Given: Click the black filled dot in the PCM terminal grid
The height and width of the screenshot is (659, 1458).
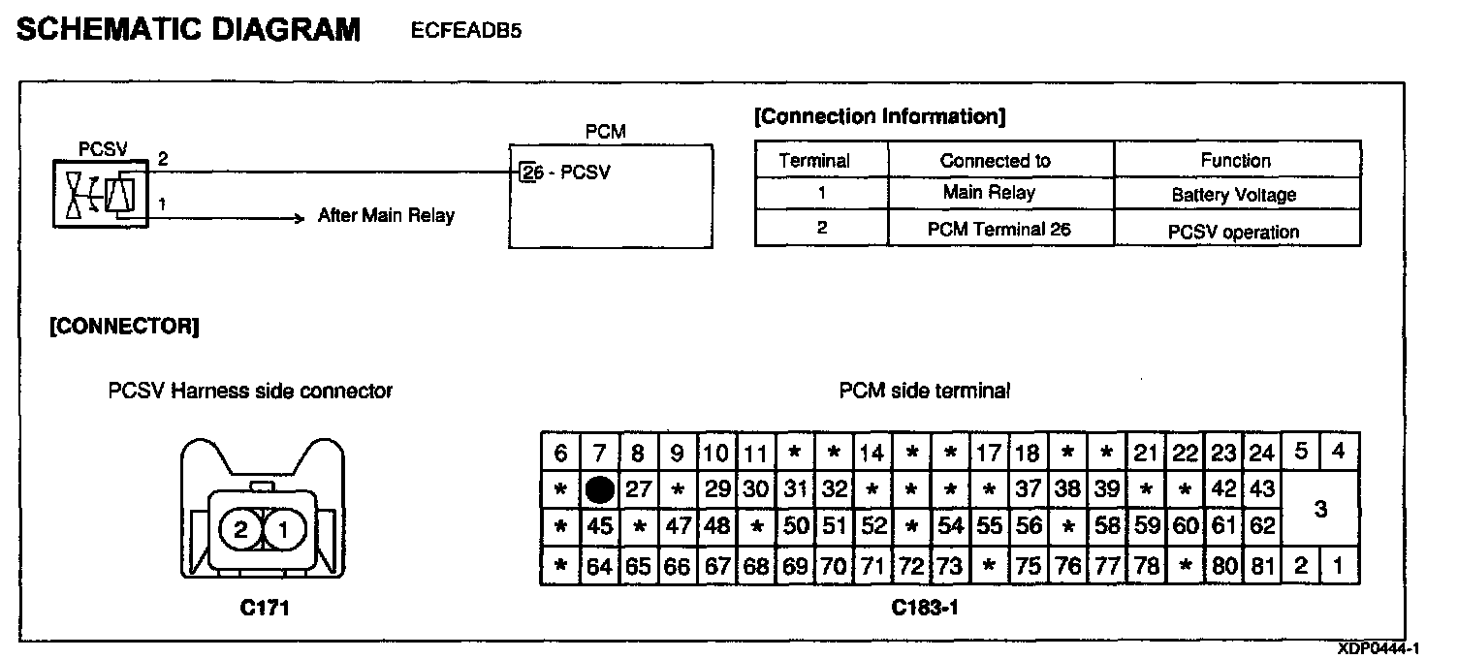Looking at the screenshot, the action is coord(600,490).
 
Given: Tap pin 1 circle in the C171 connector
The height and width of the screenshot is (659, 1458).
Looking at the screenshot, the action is coord(283,529).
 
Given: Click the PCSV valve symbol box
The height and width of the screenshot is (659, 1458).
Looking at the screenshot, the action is coord(100,194).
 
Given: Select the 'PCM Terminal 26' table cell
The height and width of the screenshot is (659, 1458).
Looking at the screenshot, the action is coord(1000,230).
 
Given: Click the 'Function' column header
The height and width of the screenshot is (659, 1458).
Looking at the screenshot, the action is coord(1236,160).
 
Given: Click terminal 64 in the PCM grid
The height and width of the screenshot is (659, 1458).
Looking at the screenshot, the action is coord(600,566).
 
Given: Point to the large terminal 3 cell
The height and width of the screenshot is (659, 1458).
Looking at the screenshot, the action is coord(1319,509).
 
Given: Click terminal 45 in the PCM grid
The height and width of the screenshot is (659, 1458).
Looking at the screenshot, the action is coord(600,528).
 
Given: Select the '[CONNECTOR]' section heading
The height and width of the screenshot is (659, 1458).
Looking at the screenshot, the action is coord(125,327).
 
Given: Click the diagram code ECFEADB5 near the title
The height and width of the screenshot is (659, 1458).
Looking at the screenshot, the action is coord(466,31).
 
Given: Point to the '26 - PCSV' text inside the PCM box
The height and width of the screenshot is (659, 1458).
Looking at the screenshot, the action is coord(565,173).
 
